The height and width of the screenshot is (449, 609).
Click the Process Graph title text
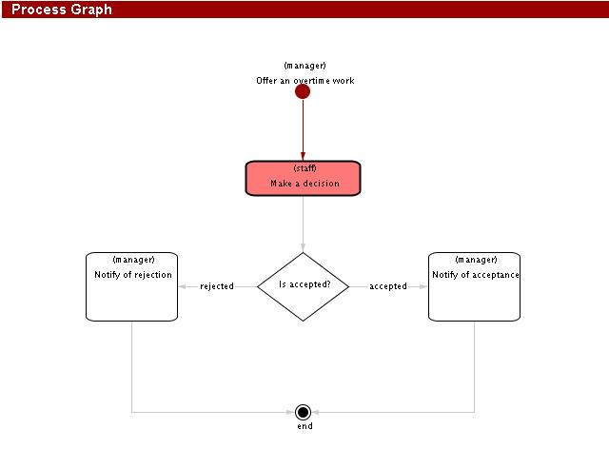click(x=62, y=10)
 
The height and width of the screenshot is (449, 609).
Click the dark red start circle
click(x=303, y=92)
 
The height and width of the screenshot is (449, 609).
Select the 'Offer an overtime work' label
click(x=305, y=81)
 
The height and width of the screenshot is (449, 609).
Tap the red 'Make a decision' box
click(x=304, y=178)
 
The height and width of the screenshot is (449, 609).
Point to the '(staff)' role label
click(x=304, y=168)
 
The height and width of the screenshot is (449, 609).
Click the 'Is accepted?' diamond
click(x=304, y=285)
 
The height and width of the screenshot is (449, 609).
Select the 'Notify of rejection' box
click(x=132, y=287)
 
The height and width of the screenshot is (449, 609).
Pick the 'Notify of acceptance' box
click(x=474, y=287)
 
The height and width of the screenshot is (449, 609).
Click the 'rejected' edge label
click(x=217, y=286)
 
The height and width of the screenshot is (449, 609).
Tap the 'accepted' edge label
click(x=388, y=286)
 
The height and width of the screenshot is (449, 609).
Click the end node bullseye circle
click(x=304, y=412)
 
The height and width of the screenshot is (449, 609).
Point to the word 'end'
click(x=304, y=426)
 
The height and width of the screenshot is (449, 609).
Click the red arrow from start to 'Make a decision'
click(x=303, y=129)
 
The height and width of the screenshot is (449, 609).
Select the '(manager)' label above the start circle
click(x=305, y=66)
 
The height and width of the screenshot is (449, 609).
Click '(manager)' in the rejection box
click(x=133, y=260)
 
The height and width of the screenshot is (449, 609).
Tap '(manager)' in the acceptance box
click(x=476, y=260)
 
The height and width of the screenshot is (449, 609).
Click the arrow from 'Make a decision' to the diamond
click(x=304, y=223)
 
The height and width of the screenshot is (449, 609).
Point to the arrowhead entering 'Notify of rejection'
click(x=183, y=286)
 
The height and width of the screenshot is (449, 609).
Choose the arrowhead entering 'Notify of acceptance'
click(x=424, y=286)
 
